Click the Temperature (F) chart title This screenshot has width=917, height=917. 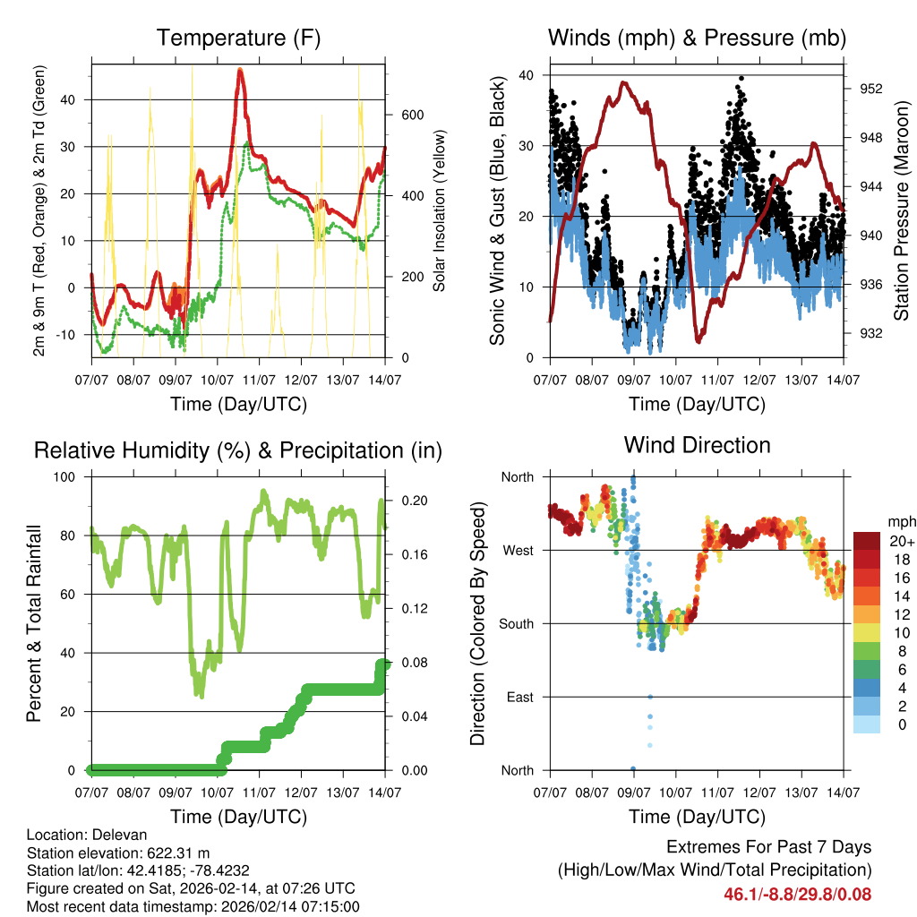[x=238, y=39]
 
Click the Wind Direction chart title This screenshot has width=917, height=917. [x=697, y=445]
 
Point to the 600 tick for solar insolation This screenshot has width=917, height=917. [x=411, y=115]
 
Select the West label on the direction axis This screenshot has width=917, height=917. [x=517, y=551]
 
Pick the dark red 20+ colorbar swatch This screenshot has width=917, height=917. [x=867, y=541]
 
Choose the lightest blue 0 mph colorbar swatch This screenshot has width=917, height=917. [x=867, y=724]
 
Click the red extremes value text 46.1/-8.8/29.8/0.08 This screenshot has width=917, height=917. [x=797, y=894]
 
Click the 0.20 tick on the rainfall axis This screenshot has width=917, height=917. [x=410, y=500]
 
